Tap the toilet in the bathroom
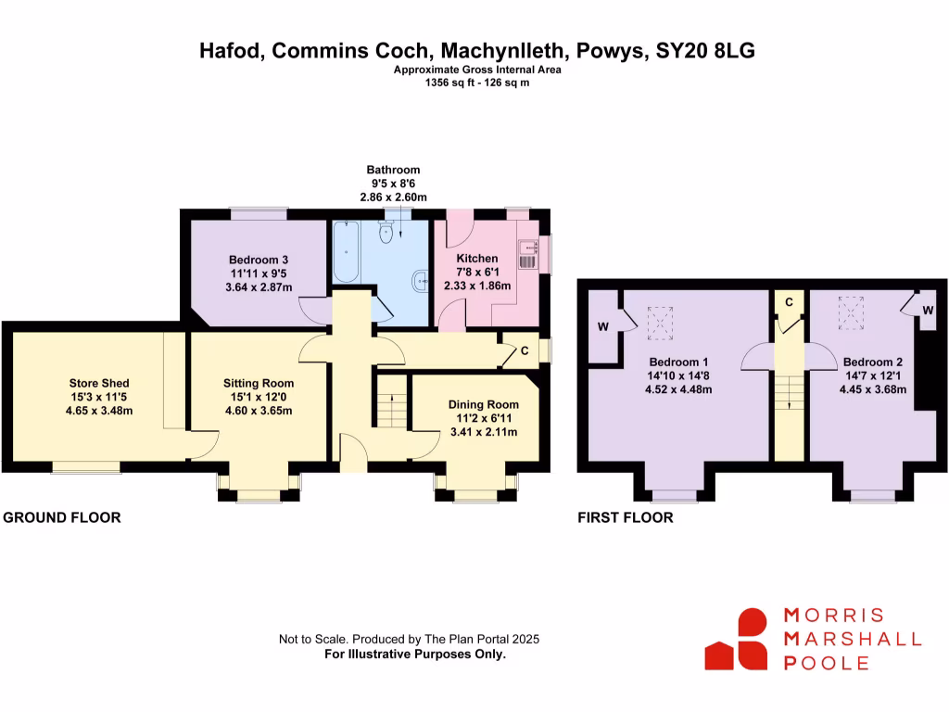pos(386,232)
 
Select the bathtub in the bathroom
pos(346,252)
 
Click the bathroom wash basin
pos(422,281)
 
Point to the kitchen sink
pos(527,247)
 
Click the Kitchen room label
pos(477,259)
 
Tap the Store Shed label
pos(99,383)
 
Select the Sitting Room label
pos(259,383)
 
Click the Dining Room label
pos(484,404)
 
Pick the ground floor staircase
pos(392,401)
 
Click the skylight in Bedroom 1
pos(660,323)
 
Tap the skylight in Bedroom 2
pos(851,313)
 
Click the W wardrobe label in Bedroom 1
pos(603,327)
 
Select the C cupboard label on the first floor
pos(790,302)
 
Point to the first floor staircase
pos(790,392)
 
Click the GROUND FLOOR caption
pos(62,517)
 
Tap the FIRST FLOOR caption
pos(626,517)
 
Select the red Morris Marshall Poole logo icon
pos(737,639)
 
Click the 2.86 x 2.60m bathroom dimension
pos(393,197)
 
